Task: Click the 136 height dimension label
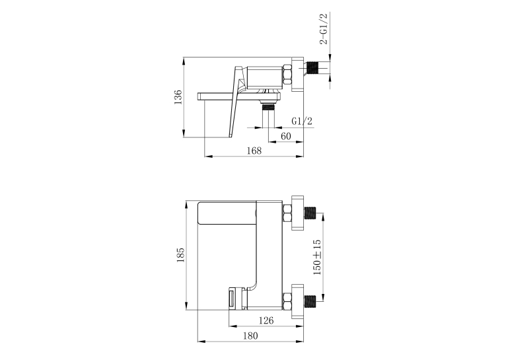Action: point(178,97)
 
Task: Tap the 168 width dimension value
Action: point(254,151)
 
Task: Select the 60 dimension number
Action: point(286,136)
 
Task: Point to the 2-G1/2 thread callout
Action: point(323,28)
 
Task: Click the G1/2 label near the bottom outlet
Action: point(302,122)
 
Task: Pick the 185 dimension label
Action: point(180,255)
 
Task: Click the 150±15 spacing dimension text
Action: point(317,257)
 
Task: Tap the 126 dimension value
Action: point(266,320)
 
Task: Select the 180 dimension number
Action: point(250,336)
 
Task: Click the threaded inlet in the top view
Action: point(312,68)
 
